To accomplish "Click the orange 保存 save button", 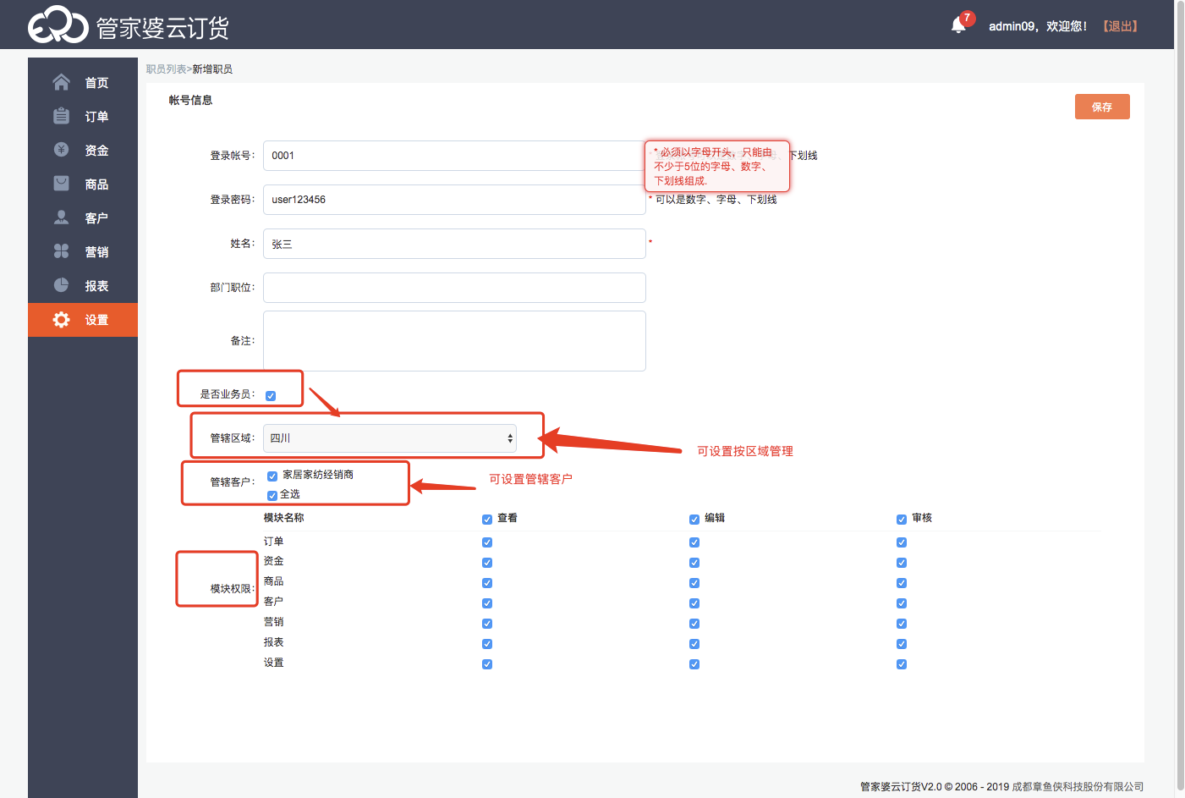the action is (x=1102, y=107).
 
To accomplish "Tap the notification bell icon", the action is (x=958, y=25).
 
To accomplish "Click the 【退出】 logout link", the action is (x=1121, y=26).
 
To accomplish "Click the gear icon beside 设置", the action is (x=62, y=320).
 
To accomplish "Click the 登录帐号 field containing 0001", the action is (x=454, y=156).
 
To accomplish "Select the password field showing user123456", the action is (x=454, y=200).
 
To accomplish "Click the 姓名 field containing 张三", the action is (x=454, y=244).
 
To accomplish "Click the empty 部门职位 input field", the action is (x=454, y=288).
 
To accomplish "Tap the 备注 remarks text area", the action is (x=454, y=341).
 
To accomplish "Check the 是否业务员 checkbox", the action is (x=271, y=396).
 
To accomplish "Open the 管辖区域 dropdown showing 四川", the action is (x=389, y=438).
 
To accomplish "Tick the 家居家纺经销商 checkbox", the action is (x=272, y=476).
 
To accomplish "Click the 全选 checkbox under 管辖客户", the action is (x=272, y=496).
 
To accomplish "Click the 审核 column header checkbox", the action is (x=902, y=520).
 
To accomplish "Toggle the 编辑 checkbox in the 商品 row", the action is (x=694, y=583).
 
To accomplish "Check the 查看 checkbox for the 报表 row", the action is (x=487, y=644).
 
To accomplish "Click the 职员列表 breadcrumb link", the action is (x=166, y=69).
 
